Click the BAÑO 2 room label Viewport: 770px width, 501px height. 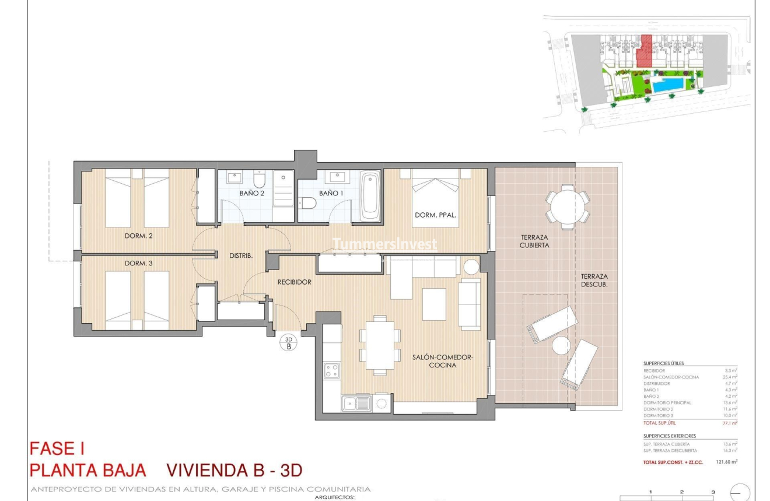click(251, 193)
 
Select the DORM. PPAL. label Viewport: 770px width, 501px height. click(435, 215)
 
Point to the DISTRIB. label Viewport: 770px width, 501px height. click(240, 255)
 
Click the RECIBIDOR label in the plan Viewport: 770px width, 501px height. click(294, 282)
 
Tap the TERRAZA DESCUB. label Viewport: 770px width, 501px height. click(594, 281)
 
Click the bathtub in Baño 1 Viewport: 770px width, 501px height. click(370, 195)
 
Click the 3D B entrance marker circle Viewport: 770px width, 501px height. click(289, 342)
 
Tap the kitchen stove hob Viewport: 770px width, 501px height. click(332, 371)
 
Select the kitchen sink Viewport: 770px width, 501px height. click(355, 403)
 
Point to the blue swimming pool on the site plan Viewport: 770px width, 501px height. click(667, 86)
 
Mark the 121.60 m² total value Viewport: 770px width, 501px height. click(726, 461)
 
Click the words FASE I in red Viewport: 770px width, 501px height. click(57, 449)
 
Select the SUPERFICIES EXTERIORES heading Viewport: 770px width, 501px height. click(670, 436)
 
